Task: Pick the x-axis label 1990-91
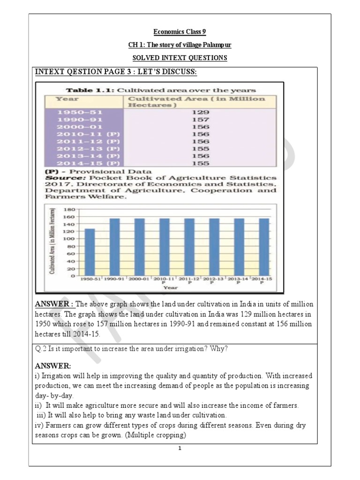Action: (x=114, y=279)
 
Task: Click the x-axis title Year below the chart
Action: (x=170, y=288)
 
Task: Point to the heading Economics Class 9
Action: (x=180, y=32)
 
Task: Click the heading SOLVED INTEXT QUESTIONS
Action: (x=180, y=58)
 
